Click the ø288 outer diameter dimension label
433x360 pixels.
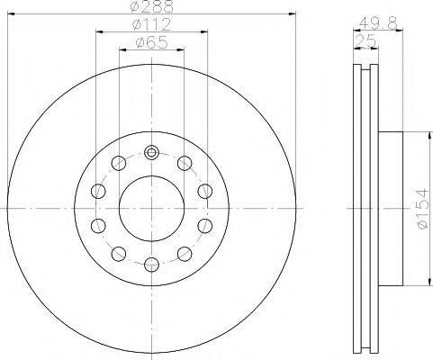[x=151, y=7]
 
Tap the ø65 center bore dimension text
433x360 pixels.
[x=151, y=42]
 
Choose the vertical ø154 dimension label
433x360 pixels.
[x=420, y=207]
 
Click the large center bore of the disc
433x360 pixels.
[x=151, y=207]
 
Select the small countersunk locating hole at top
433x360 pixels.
[x=151, y=151]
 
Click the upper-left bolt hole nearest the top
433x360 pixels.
[x=119, y=163]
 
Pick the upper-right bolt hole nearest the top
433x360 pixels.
[x=184, y=163]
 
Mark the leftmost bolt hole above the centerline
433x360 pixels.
[x=98, y=190]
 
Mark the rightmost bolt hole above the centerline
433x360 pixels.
[x=204, y=190]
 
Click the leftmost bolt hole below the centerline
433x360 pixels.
[x=98, y=224]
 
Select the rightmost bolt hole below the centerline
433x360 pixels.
[x=204, y=224]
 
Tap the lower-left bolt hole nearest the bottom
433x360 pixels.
[x=119, y=252]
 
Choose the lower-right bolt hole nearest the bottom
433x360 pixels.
[x=184, y=252]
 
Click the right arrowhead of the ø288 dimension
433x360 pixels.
[x=293, y=13]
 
